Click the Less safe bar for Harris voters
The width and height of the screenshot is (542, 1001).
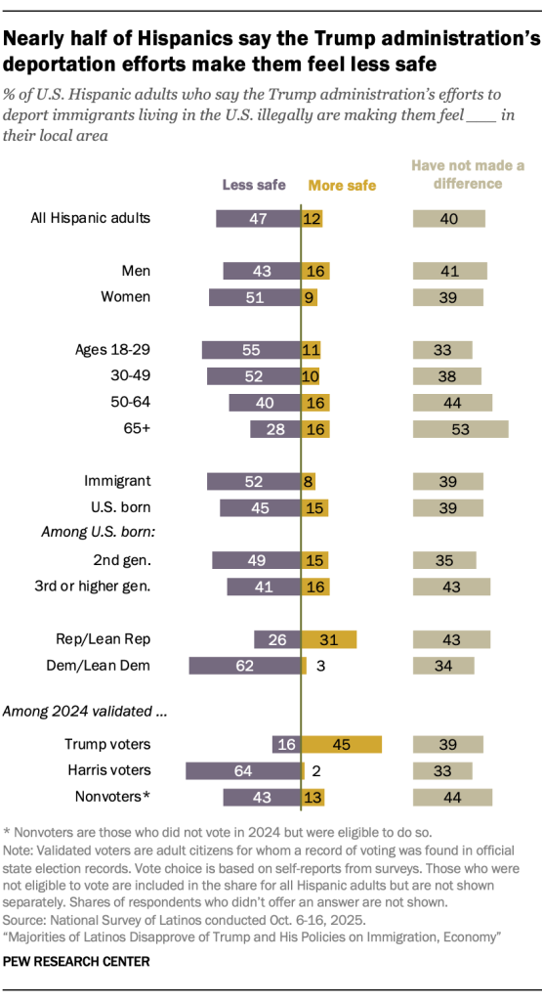242,770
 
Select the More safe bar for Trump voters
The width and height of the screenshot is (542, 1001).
341,745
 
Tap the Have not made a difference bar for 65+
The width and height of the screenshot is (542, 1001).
460,428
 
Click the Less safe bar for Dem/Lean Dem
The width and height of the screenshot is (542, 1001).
244,666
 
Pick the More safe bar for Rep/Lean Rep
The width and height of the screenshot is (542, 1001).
328,639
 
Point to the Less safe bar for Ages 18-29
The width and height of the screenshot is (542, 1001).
250,349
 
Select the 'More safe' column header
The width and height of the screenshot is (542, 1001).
342,185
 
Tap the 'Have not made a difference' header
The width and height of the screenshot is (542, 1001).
468,174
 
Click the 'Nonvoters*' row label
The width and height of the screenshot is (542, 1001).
115,797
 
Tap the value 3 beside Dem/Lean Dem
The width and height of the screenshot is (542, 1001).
318,666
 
